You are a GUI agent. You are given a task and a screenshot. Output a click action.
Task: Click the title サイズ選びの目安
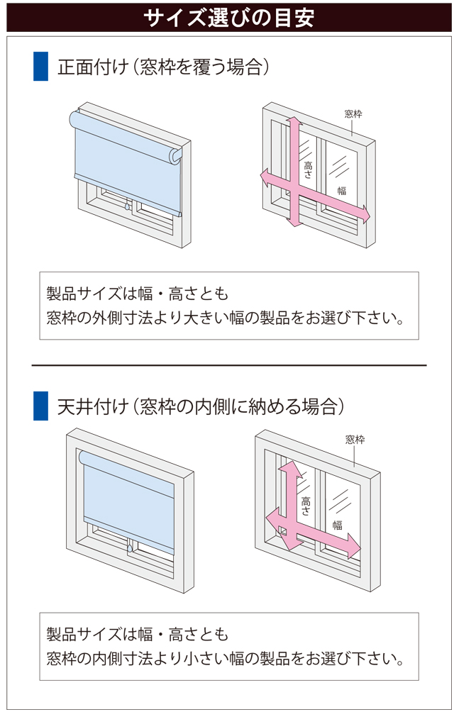[x=227, y=17]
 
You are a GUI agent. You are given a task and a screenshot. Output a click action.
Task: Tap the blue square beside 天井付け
[x=40, y=406]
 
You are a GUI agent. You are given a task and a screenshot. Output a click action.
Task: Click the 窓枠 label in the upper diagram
[x=353, y=113]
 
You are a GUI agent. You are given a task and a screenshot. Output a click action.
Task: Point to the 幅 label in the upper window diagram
[x=342, y=189]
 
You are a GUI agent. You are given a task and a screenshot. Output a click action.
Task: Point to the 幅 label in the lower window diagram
[x=338, y=525]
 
